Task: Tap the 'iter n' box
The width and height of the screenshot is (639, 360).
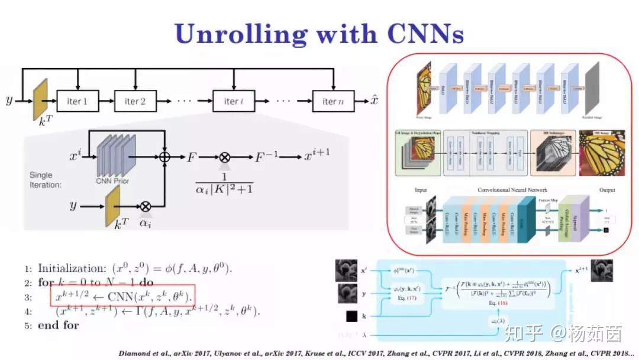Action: coord(333,101)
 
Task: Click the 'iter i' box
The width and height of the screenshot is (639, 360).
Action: coord(234,101)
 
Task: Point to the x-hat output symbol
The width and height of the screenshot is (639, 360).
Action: coord(375,100)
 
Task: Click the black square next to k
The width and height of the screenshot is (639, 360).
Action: coord(351,316)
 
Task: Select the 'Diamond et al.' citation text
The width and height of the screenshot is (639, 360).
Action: coord(140,353)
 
